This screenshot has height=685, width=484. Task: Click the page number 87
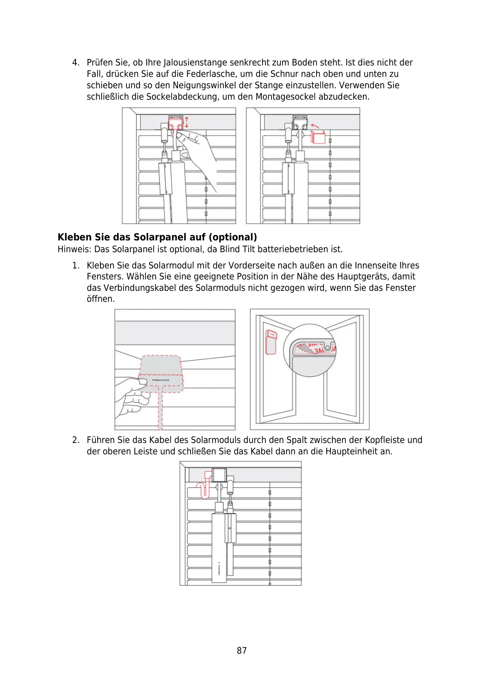tap(241, 650)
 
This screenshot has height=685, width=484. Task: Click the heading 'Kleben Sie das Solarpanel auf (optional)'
tap(157, 237)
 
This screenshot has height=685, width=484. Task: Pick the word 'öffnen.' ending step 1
tap(101, 299)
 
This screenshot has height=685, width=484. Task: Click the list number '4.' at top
tap(76, 63)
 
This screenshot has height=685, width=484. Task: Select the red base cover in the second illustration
tap(318, 137)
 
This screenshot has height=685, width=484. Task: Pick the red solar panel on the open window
tap(271, 342)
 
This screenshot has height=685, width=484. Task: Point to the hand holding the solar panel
tap(129, 397)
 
